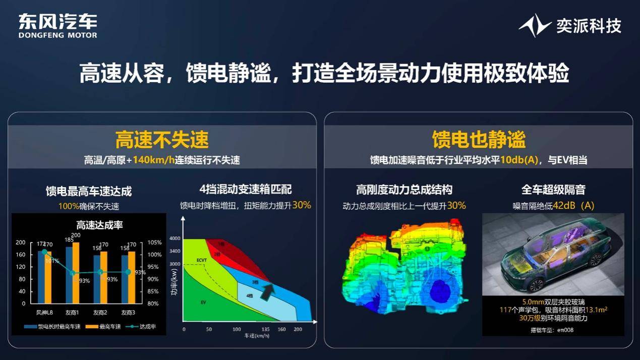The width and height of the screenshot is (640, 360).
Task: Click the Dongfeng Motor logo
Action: [57, 25]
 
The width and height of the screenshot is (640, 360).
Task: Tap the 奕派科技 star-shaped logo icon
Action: [535, 25]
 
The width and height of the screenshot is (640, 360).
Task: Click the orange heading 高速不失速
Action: [162, 140]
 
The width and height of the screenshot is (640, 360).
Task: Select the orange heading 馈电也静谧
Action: [478, 140]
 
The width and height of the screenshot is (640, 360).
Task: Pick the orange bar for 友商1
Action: [76, 273]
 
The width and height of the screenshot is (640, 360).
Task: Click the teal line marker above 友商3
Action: [128, 272]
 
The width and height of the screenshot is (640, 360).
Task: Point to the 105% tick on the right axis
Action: [154, 242]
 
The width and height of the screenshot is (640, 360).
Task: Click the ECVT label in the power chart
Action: [202, 259]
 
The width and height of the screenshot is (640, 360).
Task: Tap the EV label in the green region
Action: [203, 302]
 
